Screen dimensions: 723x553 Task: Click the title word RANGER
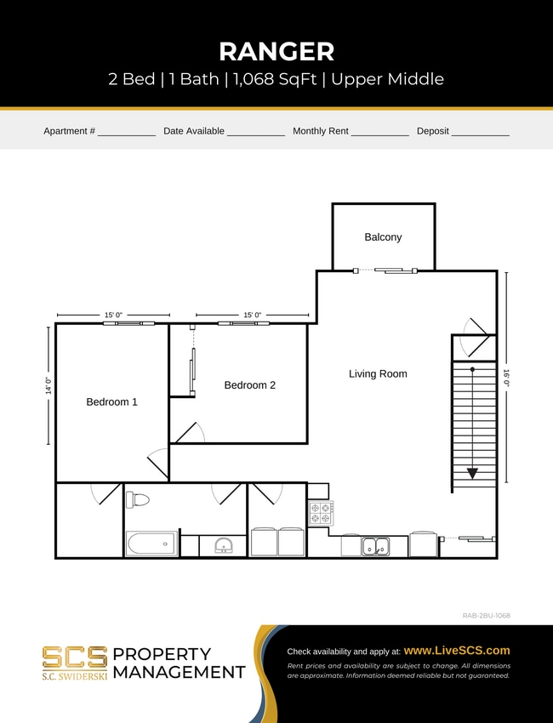pyautogui.click(x=276, y=51)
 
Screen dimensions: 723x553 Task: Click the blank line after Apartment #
pyautogui.click(x=126, y=134)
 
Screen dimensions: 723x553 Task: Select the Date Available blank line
pyautogui.click(x=255, y=134)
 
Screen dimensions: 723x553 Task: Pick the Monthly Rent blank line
pyautogui.click(x=379, y=134)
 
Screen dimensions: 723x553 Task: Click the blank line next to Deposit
pyautogui.click(x=480, y=134)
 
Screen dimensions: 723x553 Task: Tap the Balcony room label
pyautogui.click(x=383, y=237)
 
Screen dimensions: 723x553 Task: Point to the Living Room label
pyautogui.click(x=378, y=373)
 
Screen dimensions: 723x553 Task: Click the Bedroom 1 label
pyautogui.click(x=111, y=402)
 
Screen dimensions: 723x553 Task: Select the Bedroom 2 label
pyautogui.click(x=249, y=385)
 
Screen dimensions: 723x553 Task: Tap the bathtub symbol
pyautogui.click(x=151, y=544)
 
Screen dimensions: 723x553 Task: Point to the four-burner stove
pyautogui.click(x=321, y=512)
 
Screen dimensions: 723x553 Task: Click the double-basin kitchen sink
pyautogui.click(x=375, y=546)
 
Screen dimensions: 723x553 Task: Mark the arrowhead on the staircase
pyautogui.click(x=472, y=474)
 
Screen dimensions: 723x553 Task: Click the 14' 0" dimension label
pyautogui.click(x=48, y=385)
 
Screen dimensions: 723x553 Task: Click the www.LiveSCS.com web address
pyautogui.click(x=457, y=651)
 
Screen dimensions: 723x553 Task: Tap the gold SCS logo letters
pyautogui.click(x=75, y=657)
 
